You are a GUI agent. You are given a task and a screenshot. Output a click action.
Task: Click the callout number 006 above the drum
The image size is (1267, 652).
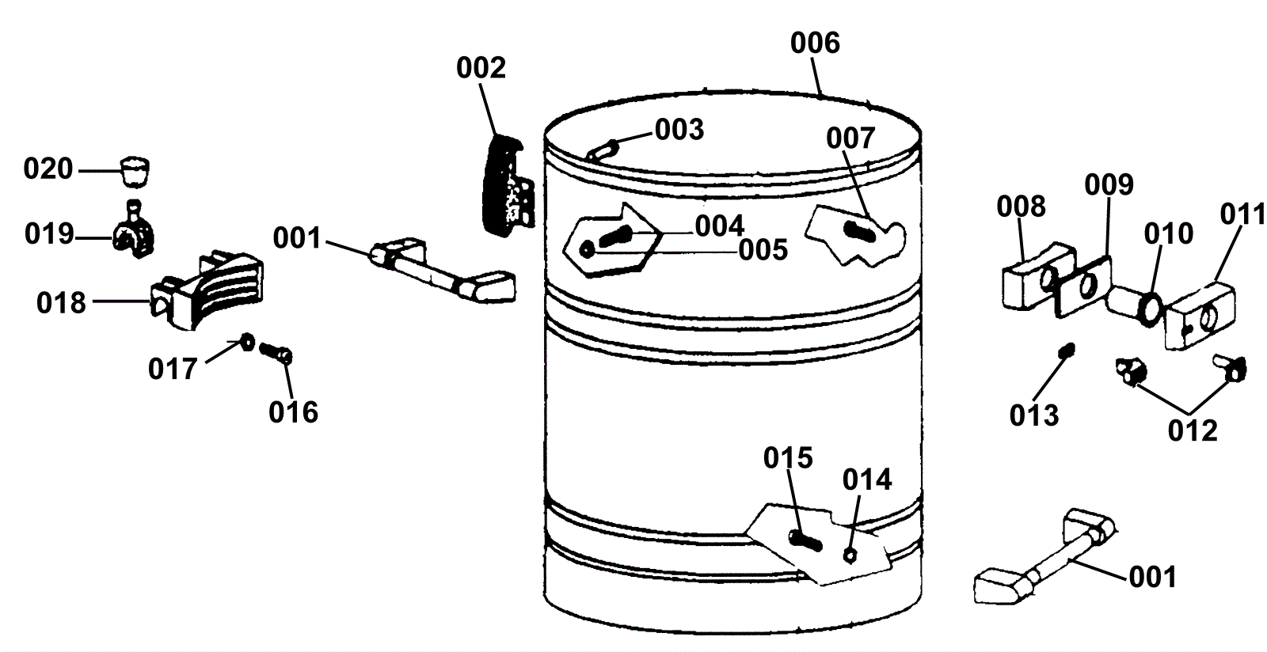tap(815, 43)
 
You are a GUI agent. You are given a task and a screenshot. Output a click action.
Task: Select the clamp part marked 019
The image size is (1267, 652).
tap(135, 234)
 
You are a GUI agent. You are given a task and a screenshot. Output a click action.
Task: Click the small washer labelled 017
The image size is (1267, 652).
tap(246, 342)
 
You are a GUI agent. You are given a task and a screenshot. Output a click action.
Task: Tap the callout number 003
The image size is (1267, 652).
tap(679, 129)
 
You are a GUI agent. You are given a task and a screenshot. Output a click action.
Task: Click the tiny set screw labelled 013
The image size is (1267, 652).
tap(1067, 349)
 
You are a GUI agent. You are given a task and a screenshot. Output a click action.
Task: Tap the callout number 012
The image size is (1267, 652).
tap(1193, 430)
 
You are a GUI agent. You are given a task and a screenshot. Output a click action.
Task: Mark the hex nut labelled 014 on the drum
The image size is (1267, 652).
tap(849, 554)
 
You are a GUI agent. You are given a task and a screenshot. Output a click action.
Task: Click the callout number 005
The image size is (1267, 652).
tap(763, 250)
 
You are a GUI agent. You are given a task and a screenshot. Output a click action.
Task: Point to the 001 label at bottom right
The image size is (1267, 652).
tap(1152, 577)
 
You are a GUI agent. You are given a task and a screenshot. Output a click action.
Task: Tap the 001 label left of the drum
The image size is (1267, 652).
tap(297, 237)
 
